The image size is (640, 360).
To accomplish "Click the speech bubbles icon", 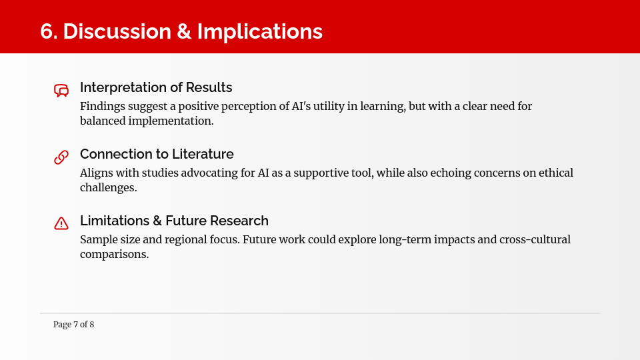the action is coord(61,90).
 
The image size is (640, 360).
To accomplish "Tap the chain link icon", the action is coord(61,157).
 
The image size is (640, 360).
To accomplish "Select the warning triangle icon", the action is coord(61,223).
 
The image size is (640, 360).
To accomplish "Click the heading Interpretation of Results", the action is coord(156,87).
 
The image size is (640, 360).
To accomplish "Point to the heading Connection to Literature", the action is coord(157,154).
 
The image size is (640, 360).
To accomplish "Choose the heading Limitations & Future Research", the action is coord(174,221).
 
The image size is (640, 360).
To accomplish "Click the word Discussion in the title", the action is coord(117,31).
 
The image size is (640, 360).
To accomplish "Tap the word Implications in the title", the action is coord(260,32).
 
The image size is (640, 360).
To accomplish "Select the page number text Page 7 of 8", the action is coord(73,325).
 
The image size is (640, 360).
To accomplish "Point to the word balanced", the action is coord(103,121).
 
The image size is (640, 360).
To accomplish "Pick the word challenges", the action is coord(109,188).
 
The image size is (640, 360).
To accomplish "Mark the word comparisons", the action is coord(114,255).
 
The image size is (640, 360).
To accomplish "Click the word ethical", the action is coord(556,173).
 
